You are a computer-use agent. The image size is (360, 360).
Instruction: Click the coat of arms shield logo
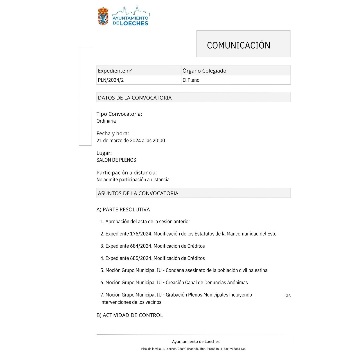[x=103, y=16]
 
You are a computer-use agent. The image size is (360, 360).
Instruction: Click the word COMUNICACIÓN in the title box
[x=238, y=45]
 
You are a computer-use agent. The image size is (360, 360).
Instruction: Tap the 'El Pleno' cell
[x=191, y=80]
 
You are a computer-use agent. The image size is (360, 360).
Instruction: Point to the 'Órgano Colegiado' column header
[x=204, y=71]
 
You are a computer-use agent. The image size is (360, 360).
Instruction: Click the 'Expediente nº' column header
[x=115, y=71]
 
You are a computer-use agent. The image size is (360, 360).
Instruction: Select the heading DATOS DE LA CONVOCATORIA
[x=135, y=98]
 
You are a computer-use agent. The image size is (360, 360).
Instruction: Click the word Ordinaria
[x=106, y=121]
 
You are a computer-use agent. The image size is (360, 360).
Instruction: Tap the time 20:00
[x=159, y=141]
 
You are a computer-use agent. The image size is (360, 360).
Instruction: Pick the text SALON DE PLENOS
[x=116, y=160]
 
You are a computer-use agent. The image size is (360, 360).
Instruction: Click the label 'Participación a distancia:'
[x=126, y=173]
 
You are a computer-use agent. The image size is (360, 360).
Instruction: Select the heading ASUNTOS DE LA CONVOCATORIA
[x=138, y=193]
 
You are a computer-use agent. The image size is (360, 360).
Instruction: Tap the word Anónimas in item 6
[x=237, y=283]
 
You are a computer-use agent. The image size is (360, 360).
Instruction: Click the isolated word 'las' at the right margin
[x=287, y=296]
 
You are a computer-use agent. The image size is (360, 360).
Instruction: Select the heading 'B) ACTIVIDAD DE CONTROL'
[x=129, y=315]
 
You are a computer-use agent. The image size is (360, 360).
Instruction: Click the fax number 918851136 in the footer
[x=238, y=349]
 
